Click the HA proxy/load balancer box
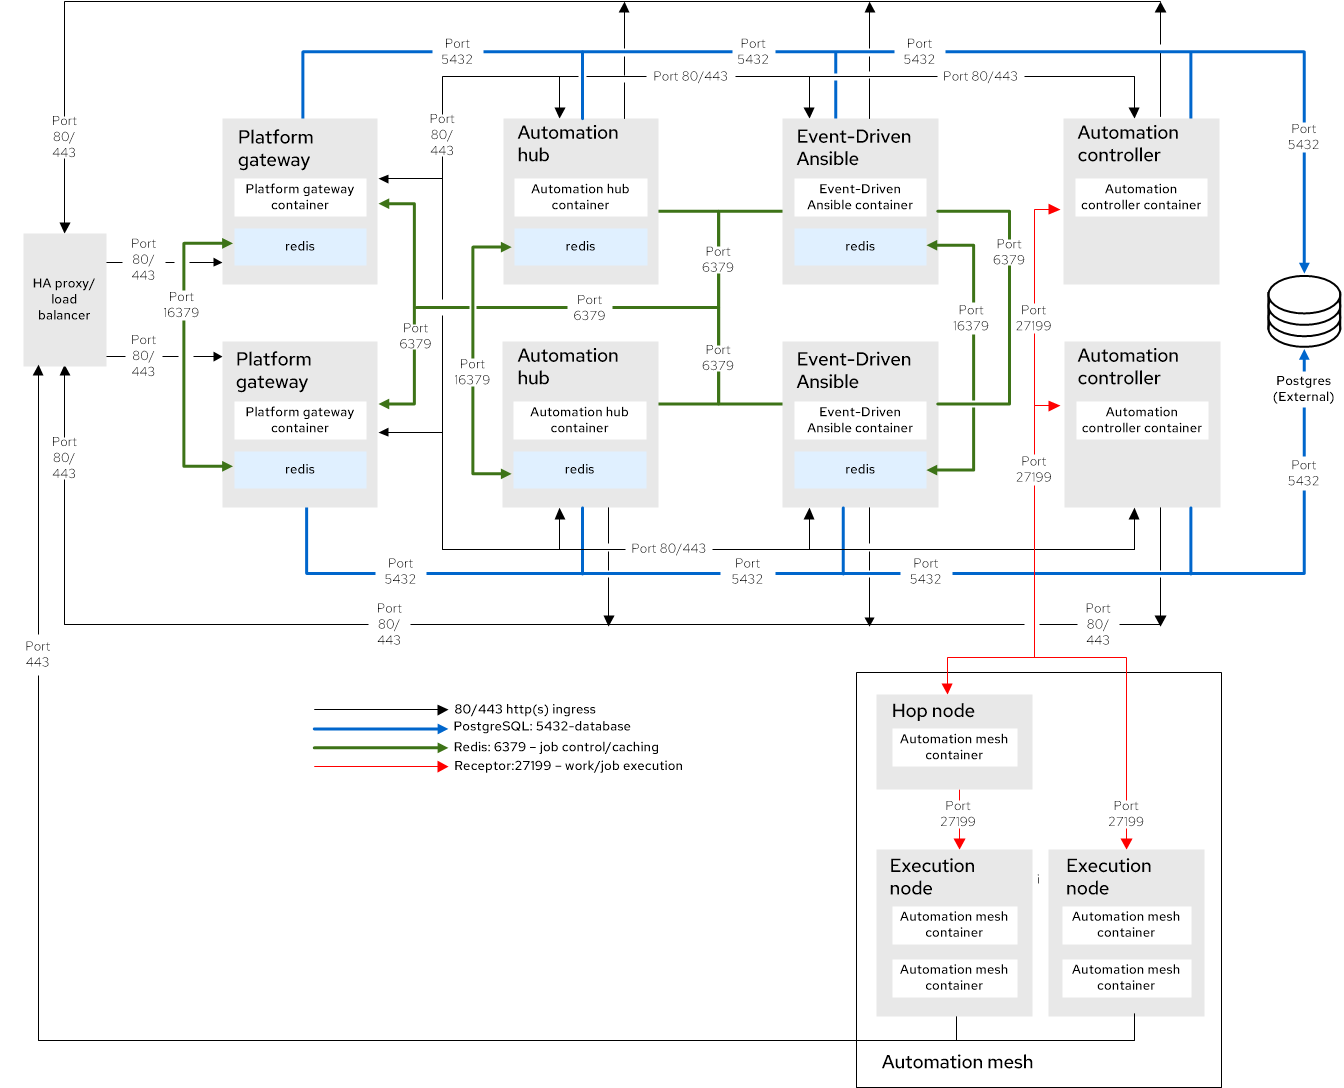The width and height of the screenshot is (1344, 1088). tap(64, 299)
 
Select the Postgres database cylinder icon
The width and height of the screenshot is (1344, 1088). tap(1304, 311)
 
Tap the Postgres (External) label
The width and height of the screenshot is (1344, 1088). tap(1303, 389)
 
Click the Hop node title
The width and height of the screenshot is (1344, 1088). tap(933, 711)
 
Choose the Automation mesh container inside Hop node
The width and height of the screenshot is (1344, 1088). tap(954, 747)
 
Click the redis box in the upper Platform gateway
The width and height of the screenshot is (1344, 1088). tap(300, 246)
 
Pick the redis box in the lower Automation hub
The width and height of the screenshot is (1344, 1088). tap(579, 469)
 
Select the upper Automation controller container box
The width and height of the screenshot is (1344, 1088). tap(1141, 197)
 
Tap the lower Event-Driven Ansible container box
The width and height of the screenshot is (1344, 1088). tap(860, 420)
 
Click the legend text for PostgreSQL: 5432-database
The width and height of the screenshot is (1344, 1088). tap(542, 727)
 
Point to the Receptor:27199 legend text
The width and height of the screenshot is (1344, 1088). tap(568, 766)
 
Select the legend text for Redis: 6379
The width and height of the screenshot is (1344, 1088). tap(556, 747)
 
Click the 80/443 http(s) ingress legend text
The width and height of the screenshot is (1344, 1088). tap(524, 709)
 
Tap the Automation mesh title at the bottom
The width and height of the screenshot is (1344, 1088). tap(957, 1062)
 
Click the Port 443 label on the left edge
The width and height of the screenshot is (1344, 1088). tap(37, 654)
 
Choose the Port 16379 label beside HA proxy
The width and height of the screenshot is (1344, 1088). tap(181, 305)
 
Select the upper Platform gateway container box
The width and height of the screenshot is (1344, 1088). tap(300, 197)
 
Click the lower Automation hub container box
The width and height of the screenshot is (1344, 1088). tap(579, 420)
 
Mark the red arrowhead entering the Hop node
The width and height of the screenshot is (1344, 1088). tap(947, 688)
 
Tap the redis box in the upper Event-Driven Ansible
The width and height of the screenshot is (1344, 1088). tap(860, 246)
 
